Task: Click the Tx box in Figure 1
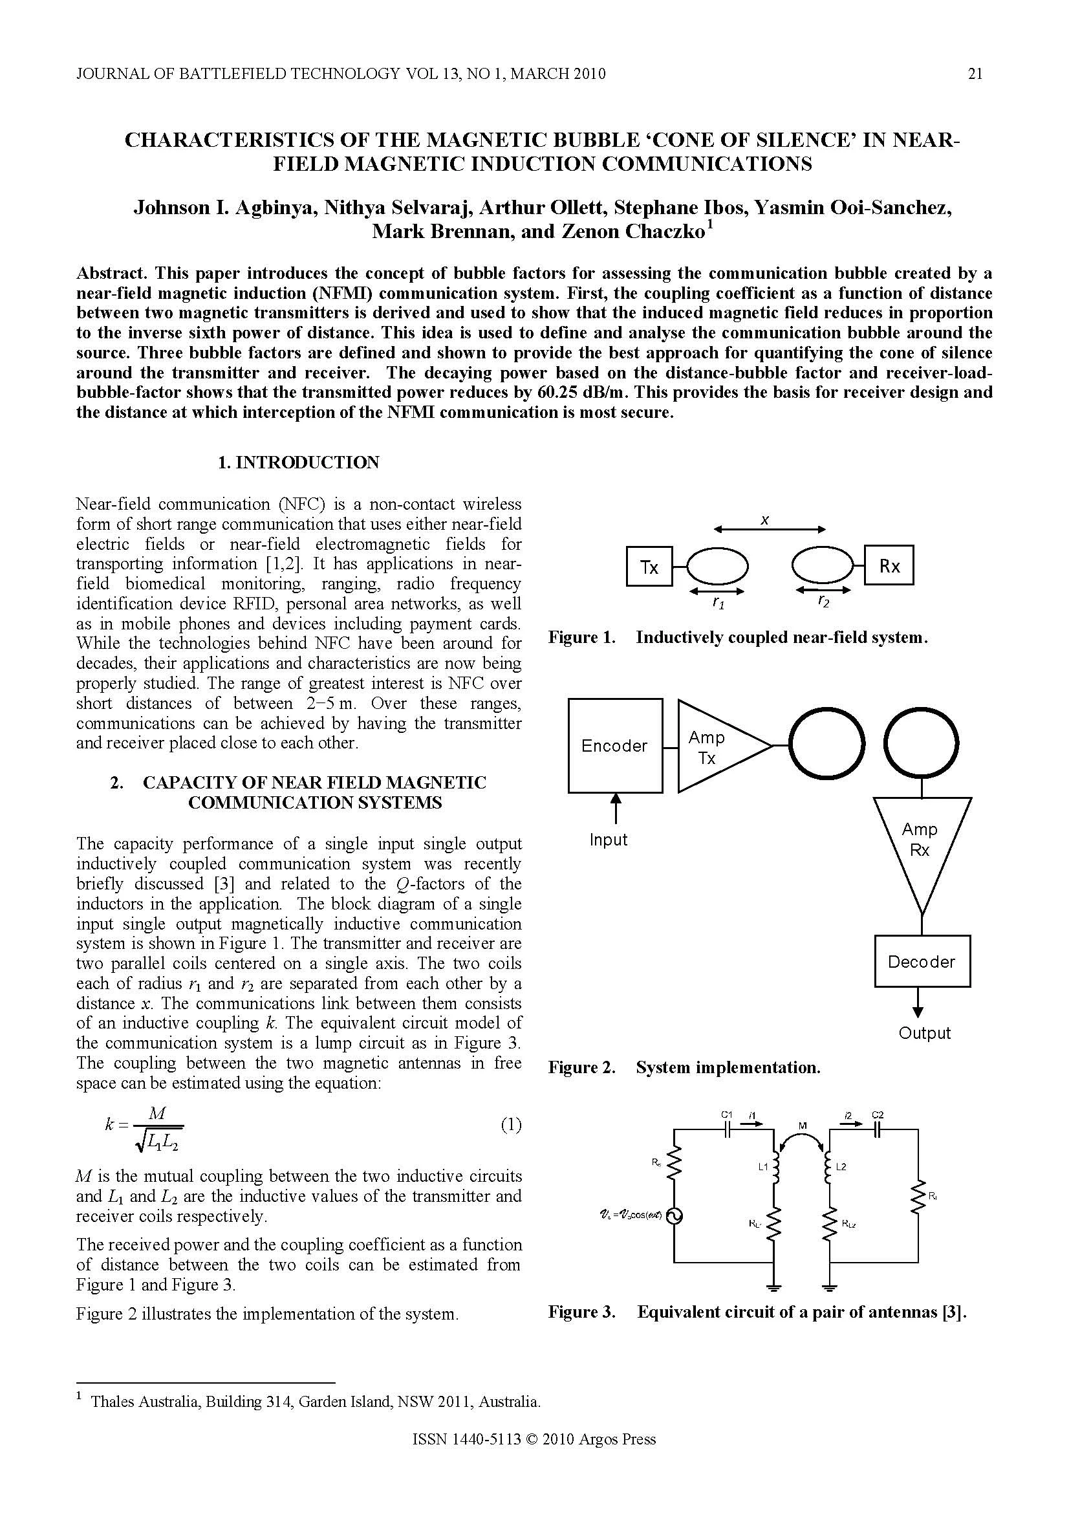648,566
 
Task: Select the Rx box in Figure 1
889,565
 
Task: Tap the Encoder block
614,745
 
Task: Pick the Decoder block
922,961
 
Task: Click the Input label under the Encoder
608,840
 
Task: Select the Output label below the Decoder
925,1032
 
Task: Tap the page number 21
975,74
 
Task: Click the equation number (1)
511,1125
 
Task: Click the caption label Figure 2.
581,1067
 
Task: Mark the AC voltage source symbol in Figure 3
674,1216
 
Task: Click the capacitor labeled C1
727,1130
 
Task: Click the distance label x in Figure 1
765,520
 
